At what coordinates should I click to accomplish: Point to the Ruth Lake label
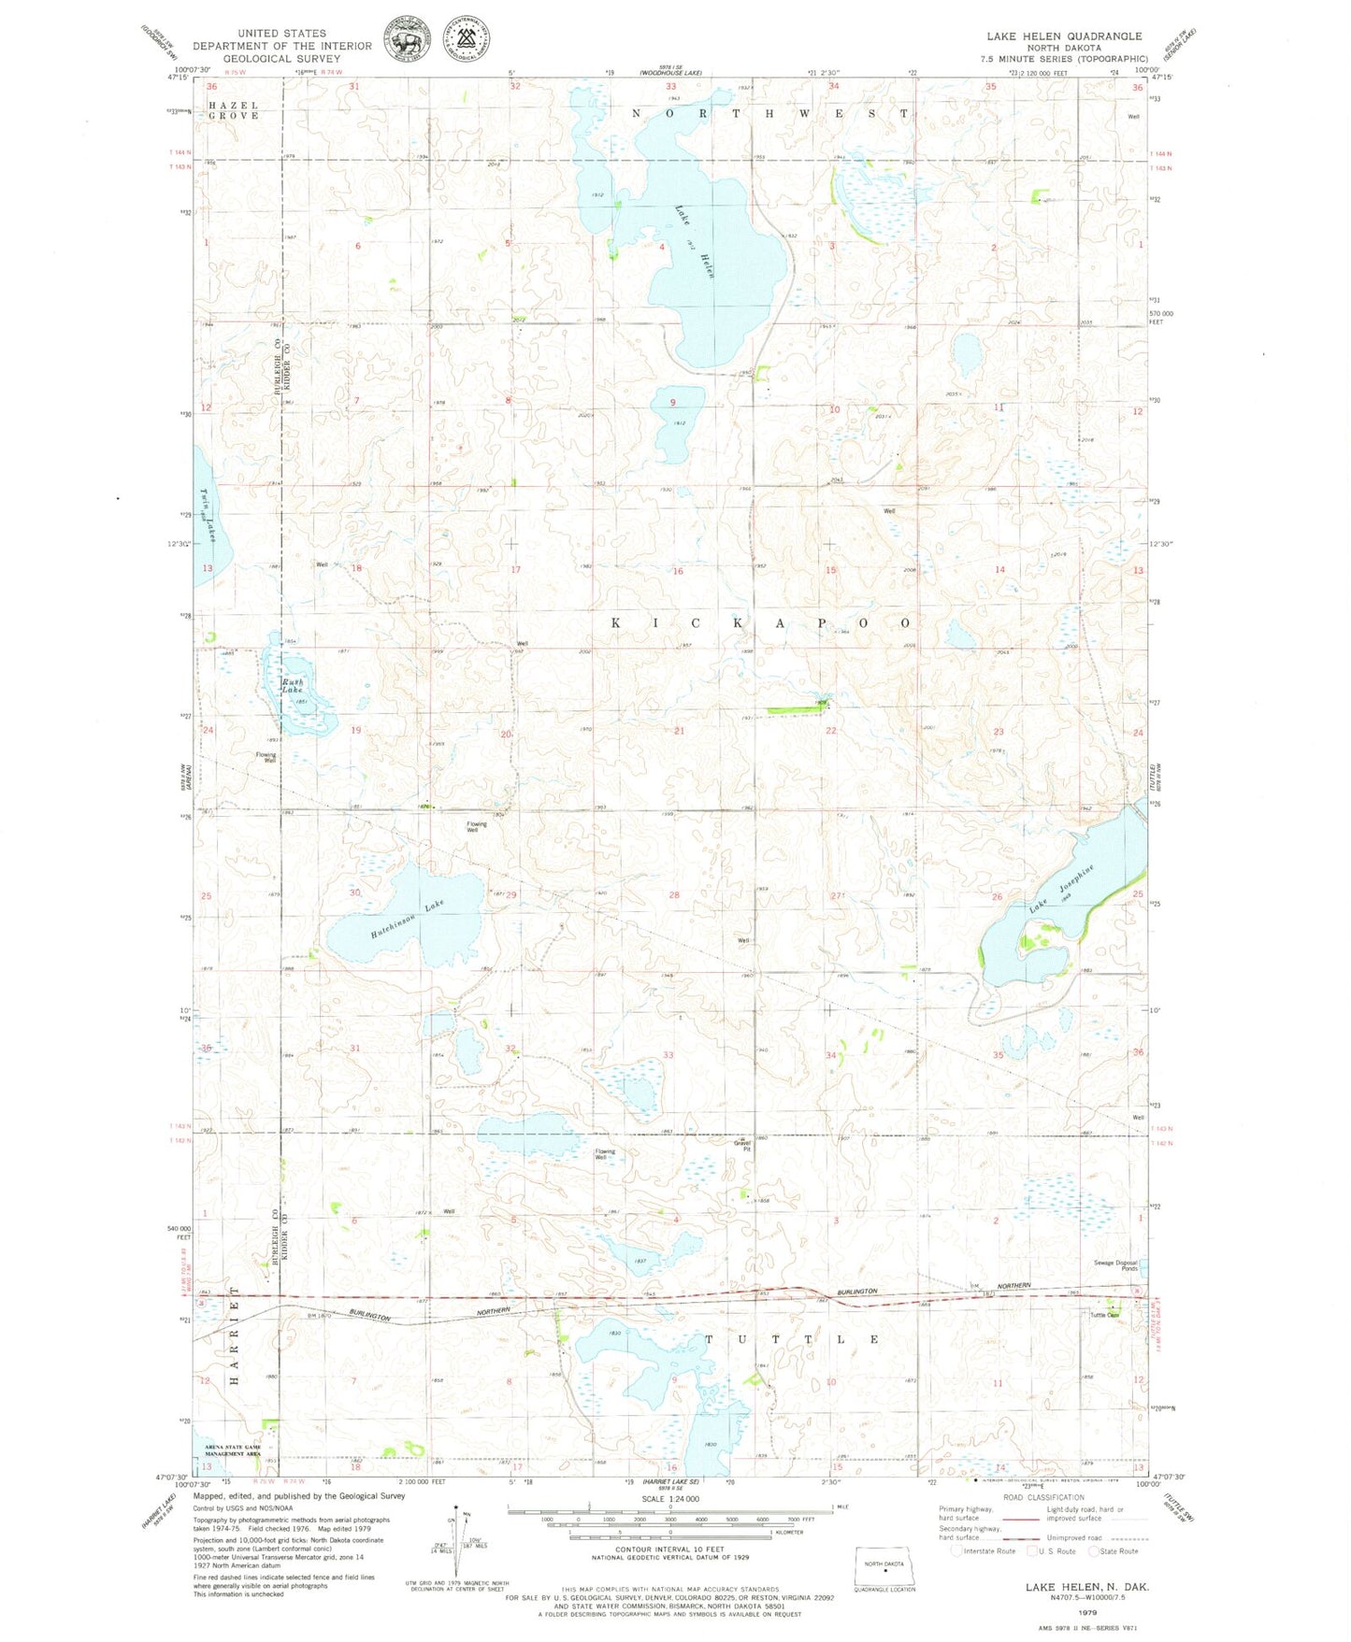pos(295,685)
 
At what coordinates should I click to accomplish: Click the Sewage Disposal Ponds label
pos(1114,1265)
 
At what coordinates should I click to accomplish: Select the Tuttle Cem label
pos(1104,1315)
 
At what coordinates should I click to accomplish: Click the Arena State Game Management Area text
pos(234,1450)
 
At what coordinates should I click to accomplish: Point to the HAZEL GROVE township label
pos(234,110)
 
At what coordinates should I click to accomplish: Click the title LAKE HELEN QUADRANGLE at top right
pos(1063,36)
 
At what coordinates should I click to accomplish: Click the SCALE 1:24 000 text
pos(669,1498)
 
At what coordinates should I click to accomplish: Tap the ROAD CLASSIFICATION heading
pos(1043,1497)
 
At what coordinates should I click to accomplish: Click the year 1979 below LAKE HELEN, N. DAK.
pos(1087,1612)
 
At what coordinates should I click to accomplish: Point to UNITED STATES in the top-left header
pos(281,33)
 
